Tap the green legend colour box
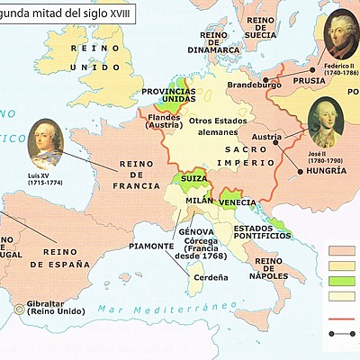[x=343, y=282]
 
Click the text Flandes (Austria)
[x=164, y=121]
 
